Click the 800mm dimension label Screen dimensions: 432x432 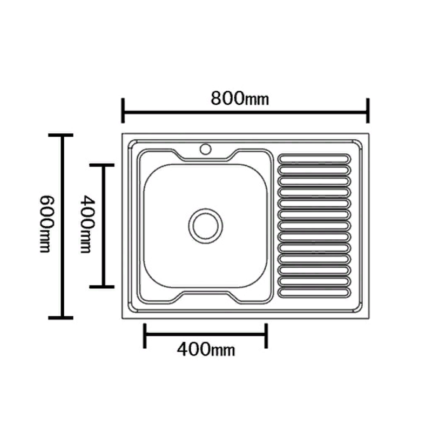239,98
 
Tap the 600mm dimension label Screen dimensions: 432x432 45,224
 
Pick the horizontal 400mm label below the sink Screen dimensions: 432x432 206,349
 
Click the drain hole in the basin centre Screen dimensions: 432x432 206,226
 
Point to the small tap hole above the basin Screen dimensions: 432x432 205,149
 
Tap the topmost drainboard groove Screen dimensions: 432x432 314,159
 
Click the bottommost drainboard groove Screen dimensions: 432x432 314,292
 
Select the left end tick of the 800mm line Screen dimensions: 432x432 123,111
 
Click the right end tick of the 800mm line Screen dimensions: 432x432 368,111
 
